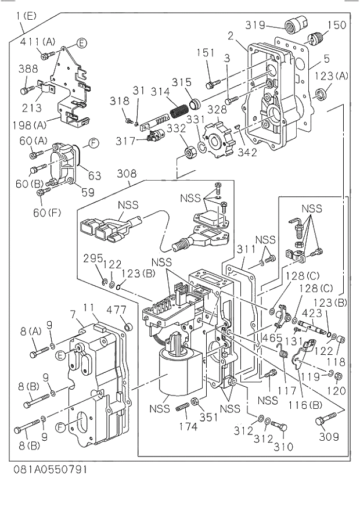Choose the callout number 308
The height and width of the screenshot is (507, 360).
(126, 173)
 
